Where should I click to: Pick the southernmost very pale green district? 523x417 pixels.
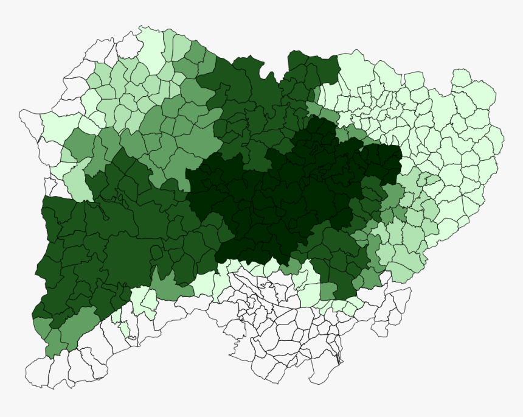pos(124,329)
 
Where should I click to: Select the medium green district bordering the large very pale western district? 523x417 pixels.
pos(78,146)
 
